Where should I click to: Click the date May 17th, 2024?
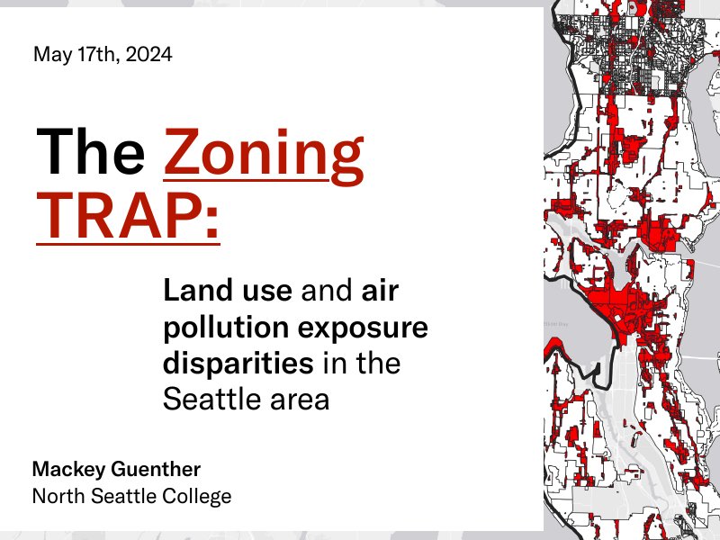pos(103,55)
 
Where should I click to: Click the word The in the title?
pos(91,151)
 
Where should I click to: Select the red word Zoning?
pos(264,151)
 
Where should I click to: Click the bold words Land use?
pos(228,292)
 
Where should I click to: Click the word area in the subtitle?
pos(300,400)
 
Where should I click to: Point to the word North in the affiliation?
pos(56,496)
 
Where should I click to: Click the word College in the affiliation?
pos(199,496)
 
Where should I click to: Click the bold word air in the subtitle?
pos(379,292)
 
